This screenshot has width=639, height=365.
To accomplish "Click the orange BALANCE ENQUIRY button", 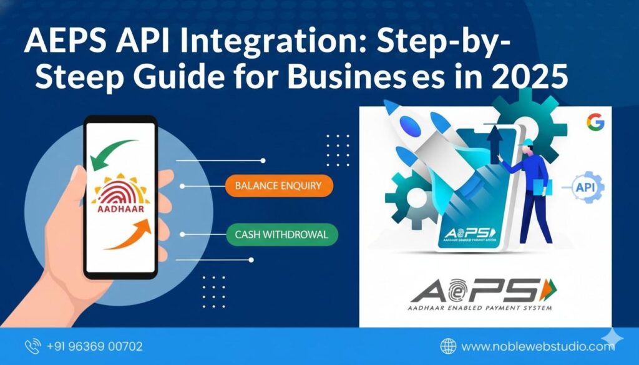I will coord(279,186).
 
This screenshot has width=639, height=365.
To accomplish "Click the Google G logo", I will coord(595,122).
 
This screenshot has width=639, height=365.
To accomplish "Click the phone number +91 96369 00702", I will coord(94,346).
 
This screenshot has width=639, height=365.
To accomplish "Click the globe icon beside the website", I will coord(448,346).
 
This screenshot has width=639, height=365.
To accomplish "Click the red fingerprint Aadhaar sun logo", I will coord(118,188).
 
